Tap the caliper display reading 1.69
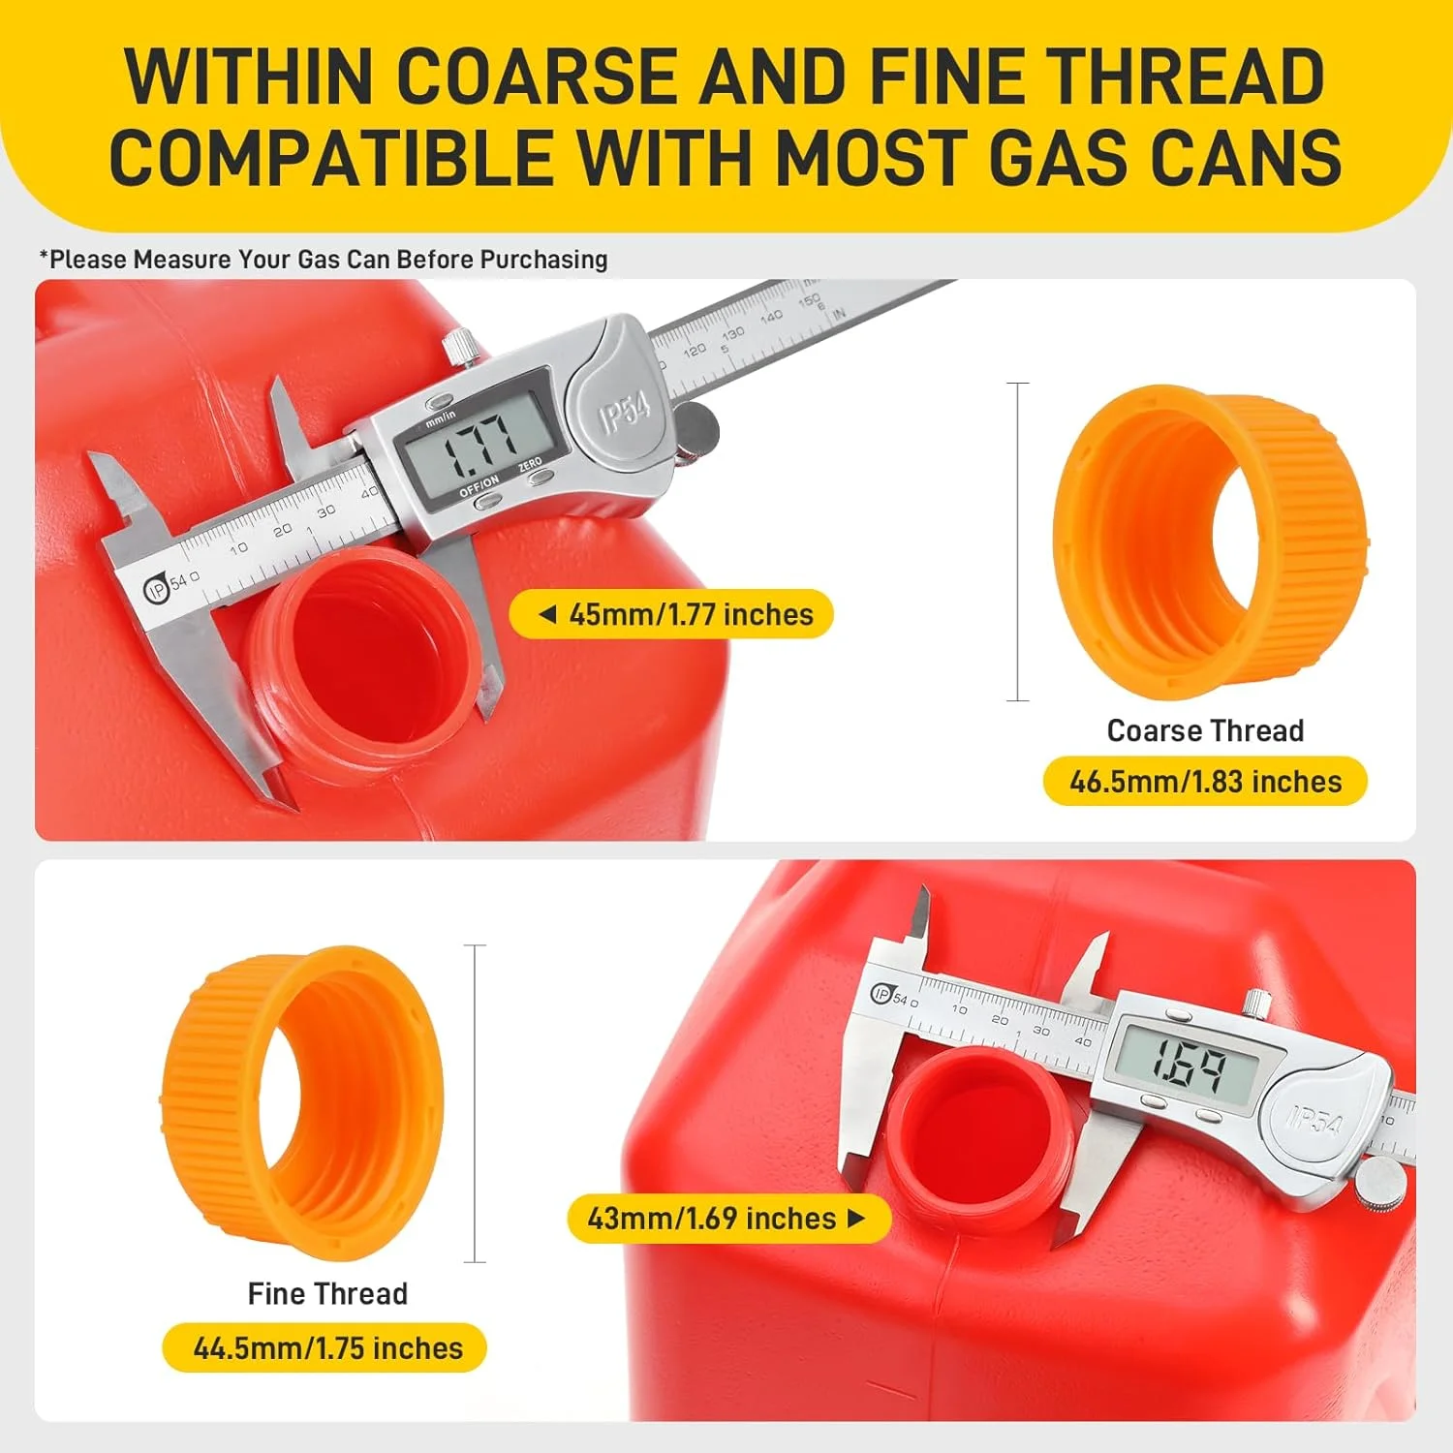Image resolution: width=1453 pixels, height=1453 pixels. (x=1188, y=1065)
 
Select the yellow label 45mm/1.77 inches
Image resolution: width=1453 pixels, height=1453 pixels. (x=671, y=614)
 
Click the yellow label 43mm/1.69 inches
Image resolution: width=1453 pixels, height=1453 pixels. (x=728, y=1218)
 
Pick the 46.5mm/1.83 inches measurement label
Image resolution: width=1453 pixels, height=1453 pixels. (x=1205, y=781)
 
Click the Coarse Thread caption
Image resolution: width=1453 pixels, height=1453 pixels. (x=1205, y=730)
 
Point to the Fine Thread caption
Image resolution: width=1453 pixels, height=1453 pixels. (x=327, y=1293)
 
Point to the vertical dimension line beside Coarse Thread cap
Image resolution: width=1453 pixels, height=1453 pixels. (x=1017, y=541)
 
